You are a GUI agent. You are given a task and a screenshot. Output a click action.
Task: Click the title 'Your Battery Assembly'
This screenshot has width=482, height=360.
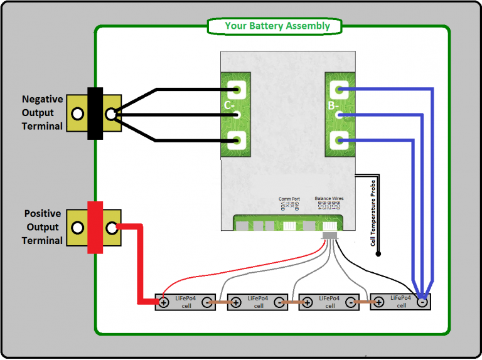[277, 26]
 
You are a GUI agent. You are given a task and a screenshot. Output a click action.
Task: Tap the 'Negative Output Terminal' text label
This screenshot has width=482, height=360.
[42, 113]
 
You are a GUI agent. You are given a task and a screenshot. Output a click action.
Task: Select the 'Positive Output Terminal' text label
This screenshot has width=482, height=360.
[42, 227]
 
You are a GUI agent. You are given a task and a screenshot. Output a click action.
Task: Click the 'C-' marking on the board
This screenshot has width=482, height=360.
[230, 106]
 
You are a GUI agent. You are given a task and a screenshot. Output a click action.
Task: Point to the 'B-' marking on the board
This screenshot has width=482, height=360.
[333, 106]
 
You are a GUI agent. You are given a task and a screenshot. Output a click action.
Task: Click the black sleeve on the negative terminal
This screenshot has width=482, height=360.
[95, 114]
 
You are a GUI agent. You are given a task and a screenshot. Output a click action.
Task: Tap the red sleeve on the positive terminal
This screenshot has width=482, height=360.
[95, 227]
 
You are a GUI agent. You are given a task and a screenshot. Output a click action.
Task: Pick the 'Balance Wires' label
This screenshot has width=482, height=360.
[329, 199]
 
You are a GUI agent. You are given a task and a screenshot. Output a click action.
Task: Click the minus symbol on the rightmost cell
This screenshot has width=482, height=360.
[422, 302]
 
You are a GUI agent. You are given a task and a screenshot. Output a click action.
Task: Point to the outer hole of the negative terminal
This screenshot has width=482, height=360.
[77, 114]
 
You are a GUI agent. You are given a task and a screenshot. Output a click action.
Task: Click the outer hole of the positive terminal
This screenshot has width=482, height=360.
[77, 228]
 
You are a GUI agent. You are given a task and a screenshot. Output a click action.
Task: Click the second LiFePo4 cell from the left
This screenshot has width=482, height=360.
[258, 302]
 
